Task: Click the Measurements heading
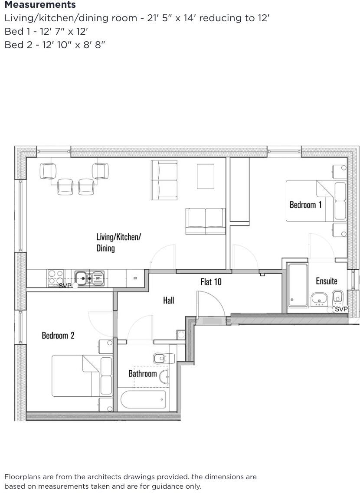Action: pyautogui.click(x=40, y=5)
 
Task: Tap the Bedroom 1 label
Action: pyautogui.click(x=305, y=205)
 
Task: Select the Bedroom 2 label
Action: pyautogui.click(x=58, y=335)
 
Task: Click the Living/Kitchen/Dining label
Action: pyautogui.click(x=118, y=242)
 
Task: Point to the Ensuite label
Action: pyautogui.click(x=326, y=281)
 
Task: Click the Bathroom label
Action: pyautogui.click(x=142, y=373)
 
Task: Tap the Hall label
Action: pyautogui.click(x=168, y=300)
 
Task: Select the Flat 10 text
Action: pyautogui.click(x=211, y=282)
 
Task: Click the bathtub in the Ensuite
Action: pyautogui.click(x=298, y=284)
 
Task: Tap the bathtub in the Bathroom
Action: pyautogui.click(x=143, y=399)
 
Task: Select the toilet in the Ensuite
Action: pyautogui.click(x=337, y=297)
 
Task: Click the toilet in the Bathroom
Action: pyautogui.click(x=160, y=358)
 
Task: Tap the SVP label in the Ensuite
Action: pyautogui.click(x=341, y=309)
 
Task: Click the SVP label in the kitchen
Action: pyautogui.click(x=65, y=286)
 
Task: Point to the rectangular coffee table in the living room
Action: pyautogui.click(x=205, y=176)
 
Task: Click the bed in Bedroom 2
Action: pyautogui.click(x=78, y=375)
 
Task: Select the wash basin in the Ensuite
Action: pyautogui.click(x=319, y=299)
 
